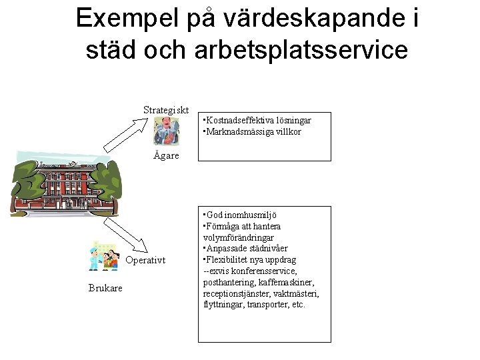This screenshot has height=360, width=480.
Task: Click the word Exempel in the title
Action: [124, 19]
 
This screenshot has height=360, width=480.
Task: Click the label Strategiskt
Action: [167, 110]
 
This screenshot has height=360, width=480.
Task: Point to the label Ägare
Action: [166, 155]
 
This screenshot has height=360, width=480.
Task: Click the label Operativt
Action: [145, 260]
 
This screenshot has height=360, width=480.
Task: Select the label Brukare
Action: [105, 287]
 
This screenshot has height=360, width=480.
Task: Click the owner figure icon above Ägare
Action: [165, 131]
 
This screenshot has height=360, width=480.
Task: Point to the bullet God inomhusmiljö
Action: [241, 215]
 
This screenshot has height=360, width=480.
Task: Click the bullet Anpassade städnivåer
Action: [246, 249]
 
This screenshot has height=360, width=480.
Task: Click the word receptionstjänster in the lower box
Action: [237, 293]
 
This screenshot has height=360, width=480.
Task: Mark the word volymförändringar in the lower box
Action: [238, 237]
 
